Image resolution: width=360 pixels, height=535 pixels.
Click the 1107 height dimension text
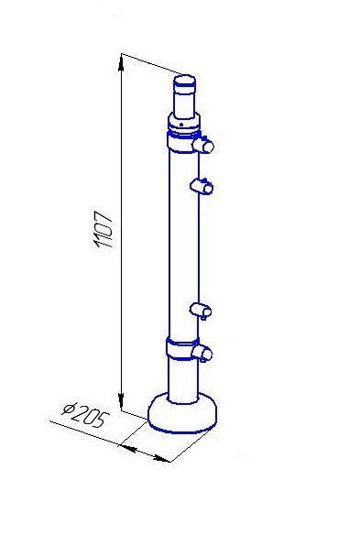pos(103,229)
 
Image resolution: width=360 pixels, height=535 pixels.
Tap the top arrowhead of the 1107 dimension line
pos(121,63)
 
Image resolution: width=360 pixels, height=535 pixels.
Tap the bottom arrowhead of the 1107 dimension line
pos(121,399)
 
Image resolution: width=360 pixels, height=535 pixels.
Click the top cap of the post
pos(185,82)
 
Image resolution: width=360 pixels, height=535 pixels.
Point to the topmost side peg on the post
pos(203,146)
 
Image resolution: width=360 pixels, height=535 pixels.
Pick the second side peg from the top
pos(202,186)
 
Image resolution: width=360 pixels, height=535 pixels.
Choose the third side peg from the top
pos(201,311)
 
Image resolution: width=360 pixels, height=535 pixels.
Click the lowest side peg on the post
pos(202,353)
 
